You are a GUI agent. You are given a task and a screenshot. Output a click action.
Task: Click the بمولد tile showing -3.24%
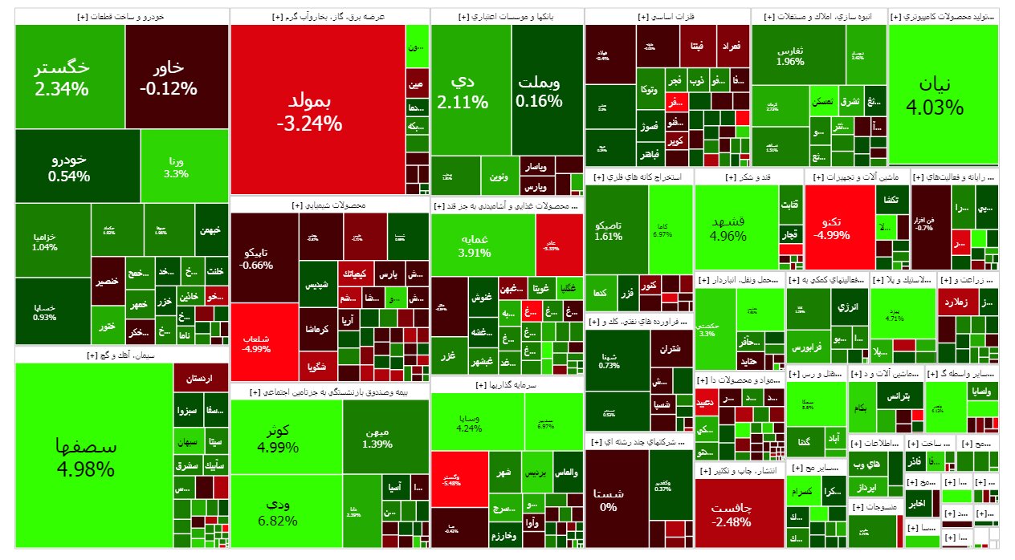click(317, 111)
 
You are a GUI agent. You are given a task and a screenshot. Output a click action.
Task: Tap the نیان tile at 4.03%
click(944, 95)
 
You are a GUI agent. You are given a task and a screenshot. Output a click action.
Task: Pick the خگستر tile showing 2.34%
click(70, 77)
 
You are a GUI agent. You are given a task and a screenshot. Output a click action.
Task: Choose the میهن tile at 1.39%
click(377, 436)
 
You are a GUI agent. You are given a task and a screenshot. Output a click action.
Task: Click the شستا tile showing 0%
click(608, 499)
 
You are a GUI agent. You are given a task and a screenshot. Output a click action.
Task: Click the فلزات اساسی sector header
click(667, 16)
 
